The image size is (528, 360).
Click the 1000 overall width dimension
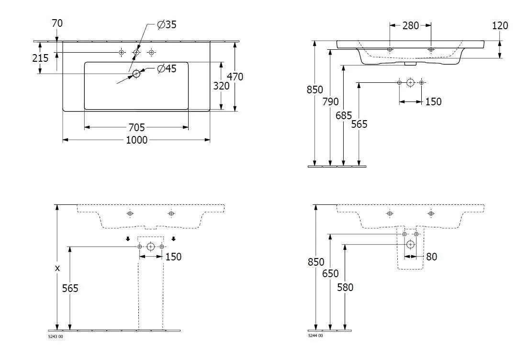136,140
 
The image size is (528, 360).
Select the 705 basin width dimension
136,127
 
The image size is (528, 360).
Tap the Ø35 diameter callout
167,25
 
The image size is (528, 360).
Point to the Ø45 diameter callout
167,69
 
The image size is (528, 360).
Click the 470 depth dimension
235,77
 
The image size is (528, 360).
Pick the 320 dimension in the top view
221,86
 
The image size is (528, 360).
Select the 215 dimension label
40,58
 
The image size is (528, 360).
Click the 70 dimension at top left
56,23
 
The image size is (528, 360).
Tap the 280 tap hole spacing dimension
410,25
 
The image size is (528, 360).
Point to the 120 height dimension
500,25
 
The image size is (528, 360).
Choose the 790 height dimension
330,101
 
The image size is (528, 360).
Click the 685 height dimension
344,115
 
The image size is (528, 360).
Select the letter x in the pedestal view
57,268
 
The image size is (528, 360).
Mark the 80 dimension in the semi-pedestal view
431,257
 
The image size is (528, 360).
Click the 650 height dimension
330,273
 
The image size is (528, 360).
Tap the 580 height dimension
345,287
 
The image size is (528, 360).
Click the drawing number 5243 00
56,337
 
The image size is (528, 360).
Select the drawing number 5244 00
315,336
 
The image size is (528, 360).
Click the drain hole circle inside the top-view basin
136,73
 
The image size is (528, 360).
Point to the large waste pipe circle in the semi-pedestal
410,245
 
